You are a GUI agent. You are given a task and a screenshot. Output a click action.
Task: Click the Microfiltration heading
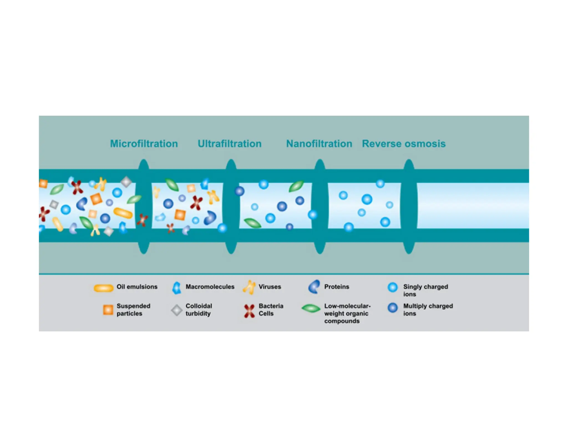click(x=144, y=144)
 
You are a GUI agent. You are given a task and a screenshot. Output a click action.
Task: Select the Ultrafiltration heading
click(x=229, y=144)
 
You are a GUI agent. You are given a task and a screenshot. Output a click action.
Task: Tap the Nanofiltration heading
click(x=319, y=144)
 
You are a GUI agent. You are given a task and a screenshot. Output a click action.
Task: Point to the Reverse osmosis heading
click(x=404, y=144)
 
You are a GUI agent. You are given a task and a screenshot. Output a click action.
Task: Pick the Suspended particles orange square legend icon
click(x=108, y=310)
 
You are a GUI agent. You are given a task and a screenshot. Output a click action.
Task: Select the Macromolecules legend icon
click(x=177, y=288)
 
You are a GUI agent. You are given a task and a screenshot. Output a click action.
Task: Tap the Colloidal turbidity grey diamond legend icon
click(x=177, y=310)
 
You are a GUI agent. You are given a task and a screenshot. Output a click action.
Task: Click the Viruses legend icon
click(x=249, y=287)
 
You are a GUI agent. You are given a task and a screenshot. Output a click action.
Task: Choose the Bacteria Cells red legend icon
click(x=249, y=311)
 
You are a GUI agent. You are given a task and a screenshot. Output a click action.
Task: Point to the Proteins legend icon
click(x=314, y=287)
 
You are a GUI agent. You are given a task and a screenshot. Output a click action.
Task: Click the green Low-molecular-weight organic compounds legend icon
click(x=311, y=308)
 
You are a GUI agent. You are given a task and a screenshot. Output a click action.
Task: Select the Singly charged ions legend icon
click(x=392, y=287)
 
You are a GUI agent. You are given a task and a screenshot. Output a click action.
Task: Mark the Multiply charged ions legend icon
click(x=392, y=308)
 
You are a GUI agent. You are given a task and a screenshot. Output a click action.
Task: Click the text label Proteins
click(x=337, y=287)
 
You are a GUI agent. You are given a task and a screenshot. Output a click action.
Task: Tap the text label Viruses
click(x=270, y=287)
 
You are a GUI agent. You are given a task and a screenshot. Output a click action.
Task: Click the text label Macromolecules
click(x=210, y=287)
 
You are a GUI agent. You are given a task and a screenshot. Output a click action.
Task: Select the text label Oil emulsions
click(x=137, y=287)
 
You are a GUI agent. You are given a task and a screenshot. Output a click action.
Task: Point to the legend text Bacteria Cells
click(x=271, y=310)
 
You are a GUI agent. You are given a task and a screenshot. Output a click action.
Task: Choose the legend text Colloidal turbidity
click(x=199, y=310)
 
